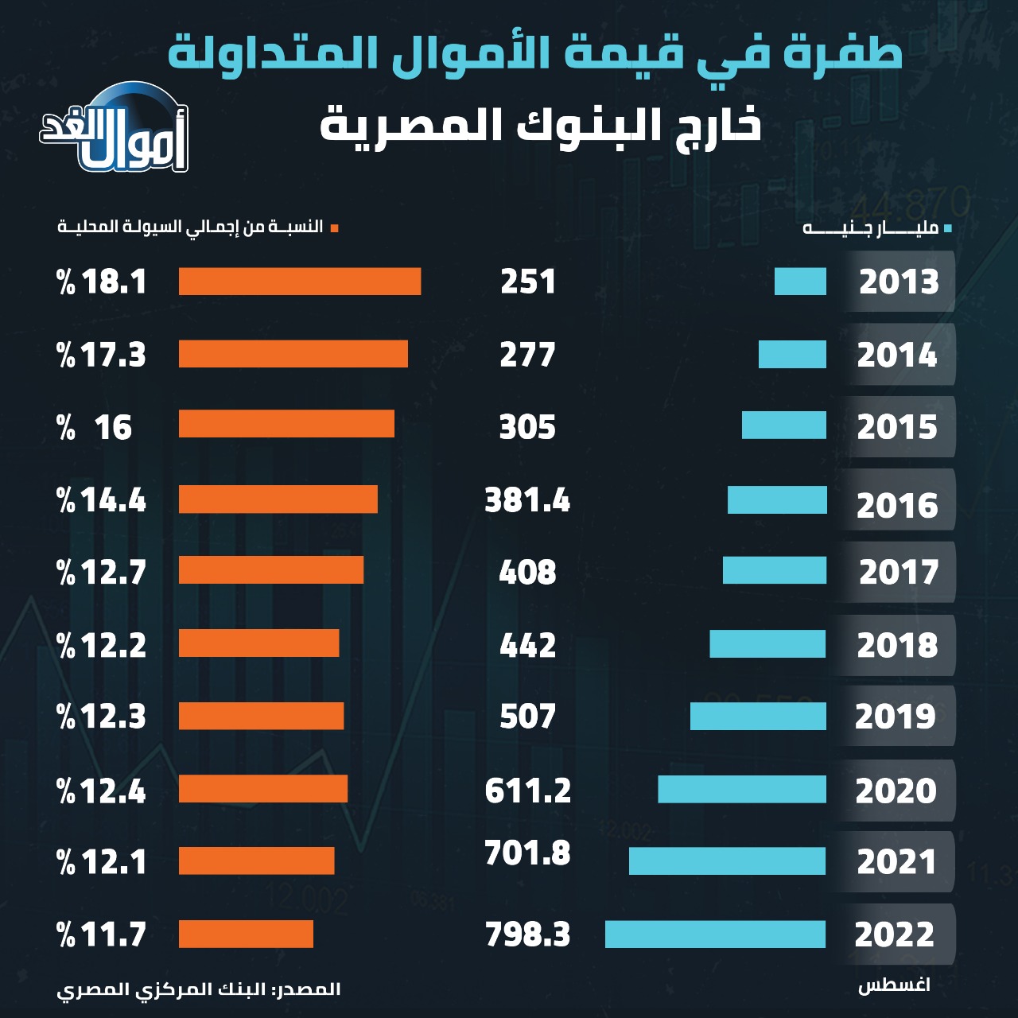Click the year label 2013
(x=899, y=282)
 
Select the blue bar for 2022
(x=715, y=934)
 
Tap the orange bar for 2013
(x=300, y=282)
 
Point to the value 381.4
(x=527, y=500)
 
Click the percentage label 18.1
(x=102, y=282)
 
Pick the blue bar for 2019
(x=758, y=717)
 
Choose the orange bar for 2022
(x=246, y=934)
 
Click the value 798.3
(x=527, y=934)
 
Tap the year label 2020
(x=896, y=791)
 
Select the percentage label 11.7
(x=102, y=934)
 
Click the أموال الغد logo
(x=115, y=131)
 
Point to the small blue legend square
(x=947, y=229)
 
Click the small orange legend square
(x=335, y=229)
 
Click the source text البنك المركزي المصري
(x=199, y=989)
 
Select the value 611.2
(x=527, y=791)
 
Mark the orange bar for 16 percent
(x=286, y=424)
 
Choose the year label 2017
(x=899, y=573)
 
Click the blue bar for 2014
(x=792, y=355)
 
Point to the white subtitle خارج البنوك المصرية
(x=541, y=126)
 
